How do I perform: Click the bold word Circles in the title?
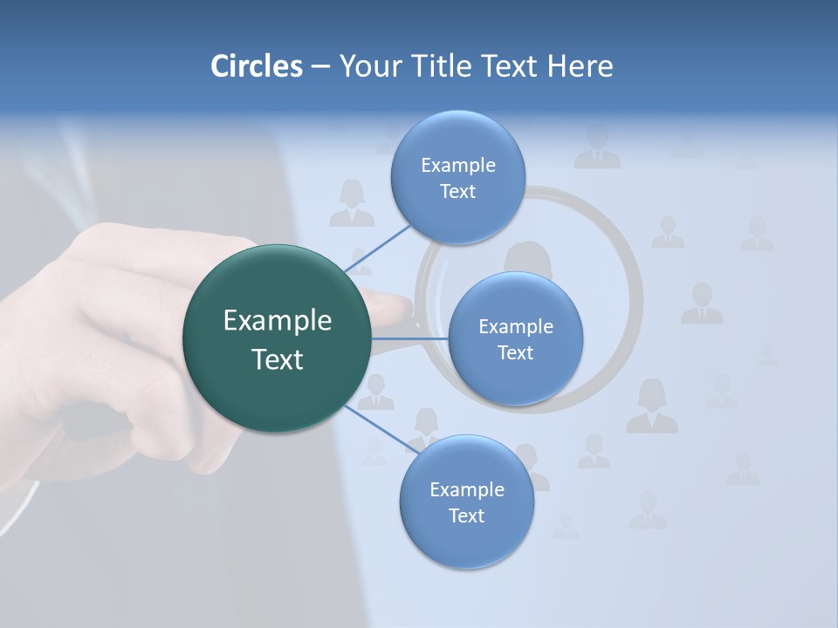[256, 66]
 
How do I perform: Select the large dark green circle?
[277, 338]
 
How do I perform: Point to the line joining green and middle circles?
[409, 338]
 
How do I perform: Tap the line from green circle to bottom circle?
[381, 429]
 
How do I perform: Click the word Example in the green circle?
[277, 321]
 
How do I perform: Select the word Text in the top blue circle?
[457, 192]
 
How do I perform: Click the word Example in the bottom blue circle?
[466, 489]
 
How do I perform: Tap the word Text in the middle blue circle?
[515, 352]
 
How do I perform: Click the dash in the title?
[319, 66]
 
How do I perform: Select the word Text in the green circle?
[277, 359]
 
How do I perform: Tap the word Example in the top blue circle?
[457, 166]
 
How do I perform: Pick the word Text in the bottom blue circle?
[466, 515]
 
